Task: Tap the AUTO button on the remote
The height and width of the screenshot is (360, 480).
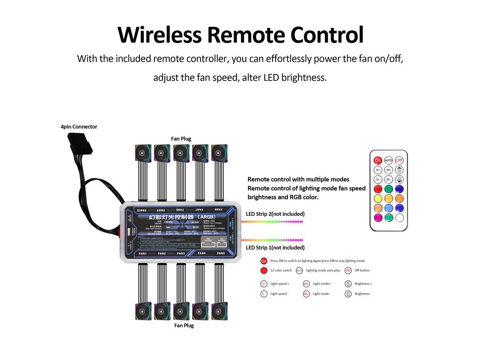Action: (388, 160)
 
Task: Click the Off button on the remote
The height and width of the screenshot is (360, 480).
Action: (399, 160)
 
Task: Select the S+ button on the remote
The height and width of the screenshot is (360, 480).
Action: (378, 170)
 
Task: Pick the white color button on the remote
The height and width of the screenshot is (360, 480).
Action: (399, 217)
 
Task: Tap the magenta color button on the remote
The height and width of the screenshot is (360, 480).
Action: (378, 217)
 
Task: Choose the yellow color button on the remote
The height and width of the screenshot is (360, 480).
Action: (378, 198)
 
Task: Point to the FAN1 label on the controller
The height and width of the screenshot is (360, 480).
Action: (143, 253)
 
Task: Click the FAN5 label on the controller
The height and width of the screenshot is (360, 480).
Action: (221, 253)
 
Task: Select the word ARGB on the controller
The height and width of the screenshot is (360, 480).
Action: (207, 217)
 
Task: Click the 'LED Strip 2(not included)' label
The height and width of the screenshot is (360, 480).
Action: (275, 214)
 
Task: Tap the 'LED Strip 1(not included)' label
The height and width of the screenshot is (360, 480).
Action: (275, 247)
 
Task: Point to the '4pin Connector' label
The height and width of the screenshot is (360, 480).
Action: (79, 127)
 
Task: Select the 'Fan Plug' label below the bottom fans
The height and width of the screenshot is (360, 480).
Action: (184, 325)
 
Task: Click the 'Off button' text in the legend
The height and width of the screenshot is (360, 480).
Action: (362, 270)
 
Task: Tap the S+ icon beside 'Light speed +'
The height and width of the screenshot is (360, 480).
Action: (264, 284)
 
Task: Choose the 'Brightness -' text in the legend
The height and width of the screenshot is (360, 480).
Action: (363, 294)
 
